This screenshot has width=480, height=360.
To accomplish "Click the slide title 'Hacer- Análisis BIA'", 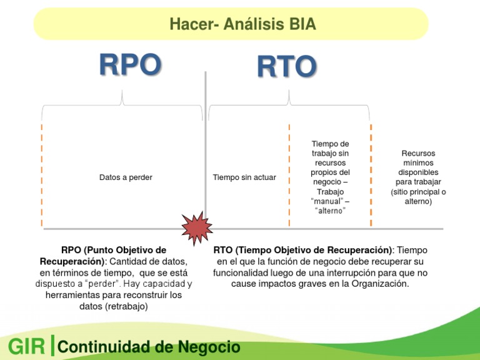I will pyautogui.click(x=242, y=24).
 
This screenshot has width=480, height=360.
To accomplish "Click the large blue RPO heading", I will pyautogui.click(x=130, y=66).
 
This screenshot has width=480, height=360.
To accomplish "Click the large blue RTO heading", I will pyautogui.click(x=286, y=67).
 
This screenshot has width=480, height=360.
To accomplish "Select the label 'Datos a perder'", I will pyautogui.click(x=126, y=177).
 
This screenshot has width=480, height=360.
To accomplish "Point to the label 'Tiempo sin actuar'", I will pyautogui.click(x=244, y=177).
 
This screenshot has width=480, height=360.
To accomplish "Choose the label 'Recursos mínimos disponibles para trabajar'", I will pyautogui.click(x=418, y=177).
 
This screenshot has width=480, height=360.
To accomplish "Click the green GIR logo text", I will pyautogui.click(x=26, y=347).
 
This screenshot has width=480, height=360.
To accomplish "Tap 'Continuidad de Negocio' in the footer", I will pyautogui.click(x=149, y=347).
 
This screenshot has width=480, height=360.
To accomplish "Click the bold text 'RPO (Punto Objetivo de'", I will pyautogui.click(x=114, y=250).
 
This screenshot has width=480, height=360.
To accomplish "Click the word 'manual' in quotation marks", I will pyautogui.click(x=327, y=201).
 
